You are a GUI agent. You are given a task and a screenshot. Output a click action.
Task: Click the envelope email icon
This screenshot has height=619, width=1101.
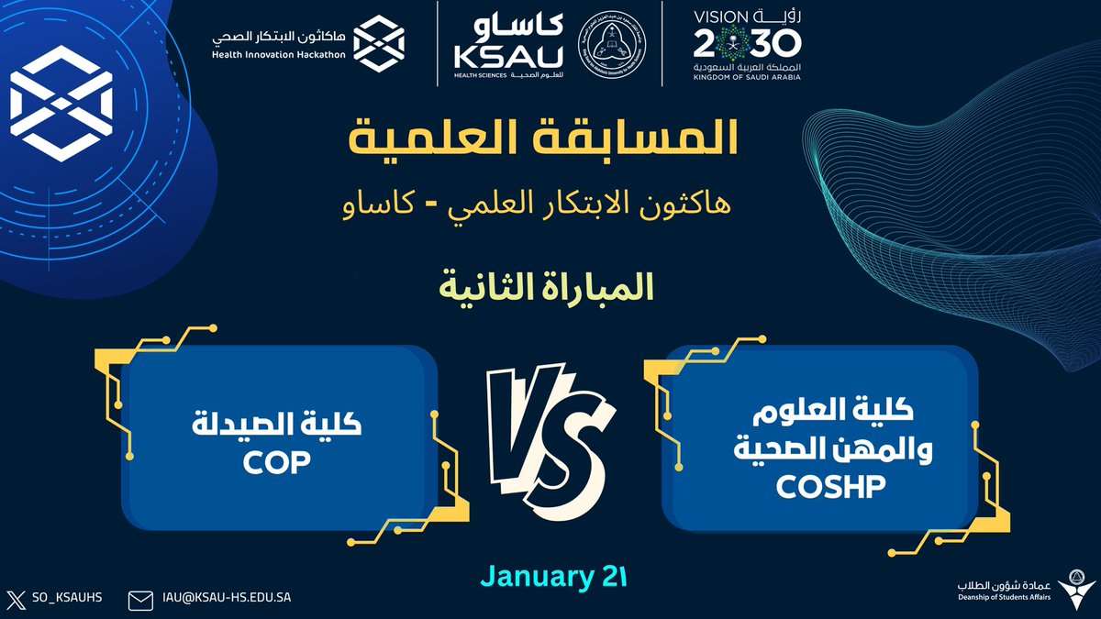pyautogui.click(x=140, y=600)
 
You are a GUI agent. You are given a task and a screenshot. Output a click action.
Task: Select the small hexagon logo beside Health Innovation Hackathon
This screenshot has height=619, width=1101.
pyautogui.click(x=380, y=42)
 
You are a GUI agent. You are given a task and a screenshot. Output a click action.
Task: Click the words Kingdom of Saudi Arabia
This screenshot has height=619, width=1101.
pyautogui.click(x=747, y=78)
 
